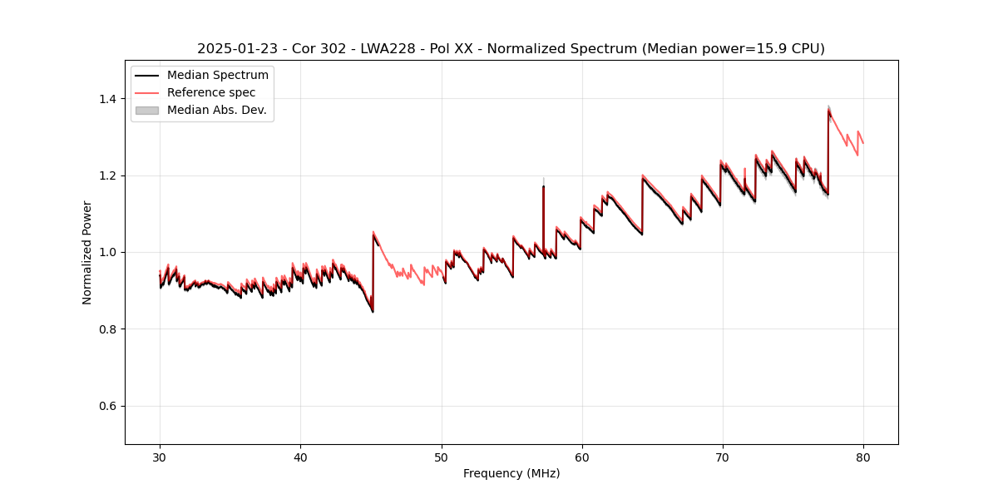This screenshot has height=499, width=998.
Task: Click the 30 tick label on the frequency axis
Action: click(x=160, y=457)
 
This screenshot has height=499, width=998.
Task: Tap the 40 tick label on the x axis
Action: click(x=300, y=457)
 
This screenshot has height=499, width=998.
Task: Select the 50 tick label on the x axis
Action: click(x=441, y=457)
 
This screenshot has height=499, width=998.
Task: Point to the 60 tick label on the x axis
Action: click(x=581, y=457)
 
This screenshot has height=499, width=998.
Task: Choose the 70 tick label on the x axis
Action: click(x=722, y=457)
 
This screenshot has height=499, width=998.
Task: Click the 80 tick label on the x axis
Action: click(x=862, y=457)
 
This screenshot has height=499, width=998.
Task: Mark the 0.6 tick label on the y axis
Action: click(x=110, y=406)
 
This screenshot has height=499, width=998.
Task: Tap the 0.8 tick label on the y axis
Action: click(x=110, y=329)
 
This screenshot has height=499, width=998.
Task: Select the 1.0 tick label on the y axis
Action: click(x=110, y=252)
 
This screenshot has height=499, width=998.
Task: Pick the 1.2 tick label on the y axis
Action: click(x=110, y=175)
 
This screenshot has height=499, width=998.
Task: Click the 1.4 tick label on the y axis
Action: click(x=110, y=99)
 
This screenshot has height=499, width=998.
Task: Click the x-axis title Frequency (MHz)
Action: click(x=511, y=473)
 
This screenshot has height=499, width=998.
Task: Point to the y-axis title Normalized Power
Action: click(x=87, y=252)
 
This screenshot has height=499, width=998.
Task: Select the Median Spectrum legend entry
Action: click(x=217, y=76)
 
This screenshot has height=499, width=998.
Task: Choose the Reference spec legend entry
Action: click(x=211, y=92)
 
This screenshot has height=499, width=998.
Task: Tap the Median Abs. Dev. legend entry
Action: click(x=216, y=110)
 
